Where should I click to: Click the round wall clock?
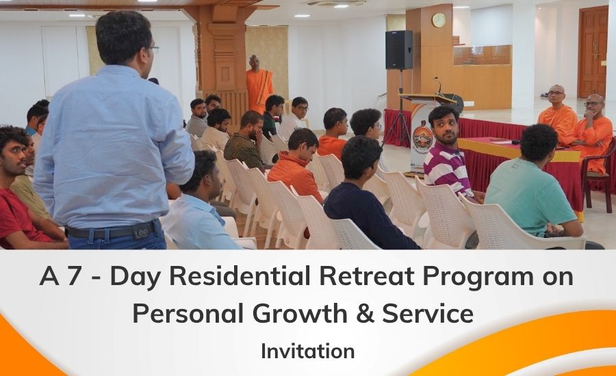point(439,20)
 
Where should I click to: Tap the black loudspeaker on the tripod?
point(399,50)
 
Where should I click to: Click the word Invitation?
point(308,351)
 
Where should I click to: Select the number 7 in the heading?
point(73,276)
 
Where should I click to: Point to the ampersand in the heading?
point(365,314)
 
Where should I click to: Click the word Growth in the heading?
point(300,314)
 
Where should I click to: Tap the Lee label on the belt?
point(141,232)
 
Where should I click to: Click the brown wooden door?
point(593,51)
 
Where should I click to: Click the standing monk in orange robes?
point(259,84)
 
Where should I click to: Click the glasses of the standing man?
point(153,49)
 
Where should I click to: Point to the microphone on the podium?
point(437,85)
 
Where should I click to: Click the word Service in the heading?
point(428,314)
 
